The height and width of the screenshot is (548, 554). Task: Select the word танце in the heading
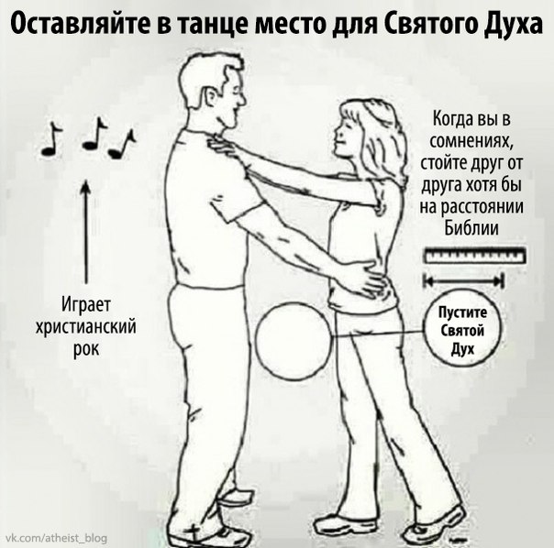coord(210,26)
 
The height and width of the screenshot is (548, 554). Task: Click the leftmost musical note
coord(51,138)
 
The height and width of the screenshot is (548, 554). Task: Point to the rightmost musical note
coord(122,144)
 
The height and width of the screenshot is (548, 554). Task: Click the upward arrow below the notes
coord(85,232)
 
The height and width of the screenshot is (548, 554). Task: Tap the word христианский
coord(85,327)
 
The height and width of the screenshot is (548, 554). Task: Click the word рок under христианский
coord(86,349)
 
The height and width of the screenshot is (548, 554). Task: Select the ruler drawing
coord(475,256)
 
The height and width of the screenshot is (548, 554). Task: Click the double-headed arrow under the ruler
coord(463,281)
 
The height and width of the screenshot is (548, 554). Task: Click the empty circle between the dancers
coord(294,342)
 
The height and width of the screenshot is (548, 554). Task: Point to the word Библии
coord(471,228)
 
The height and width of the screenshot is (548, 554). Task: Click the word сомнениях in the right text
coord(471,141)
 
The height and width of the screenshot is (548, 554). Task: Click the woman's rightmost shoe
coord(436,526)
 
